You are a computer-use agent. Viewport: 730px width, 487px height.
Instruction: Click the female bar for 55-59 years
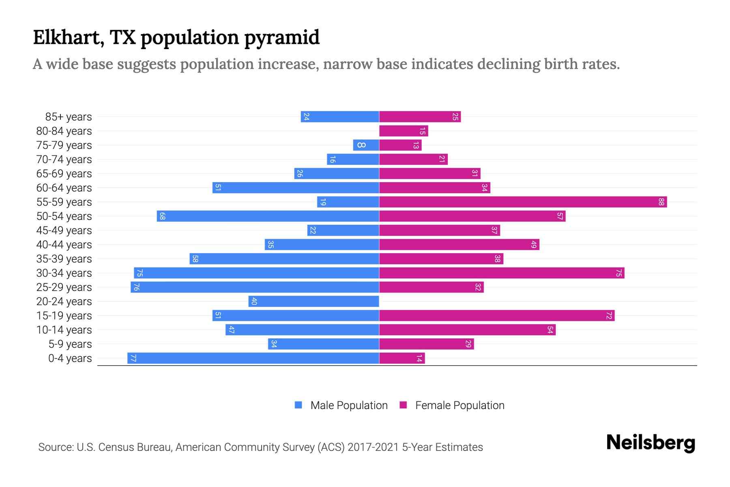point(523,202)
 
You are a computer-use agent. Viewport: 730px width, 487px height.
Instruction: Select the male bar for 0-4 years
point(253,358)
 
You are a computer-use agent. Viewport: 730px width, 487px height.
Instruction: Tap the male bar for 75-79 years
point(366,145)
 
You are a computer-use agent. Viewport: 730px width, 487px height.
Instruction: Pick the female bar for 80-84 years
point(404,131)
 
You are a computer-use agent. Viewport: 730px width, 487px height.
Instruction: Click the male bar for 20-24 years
point(314,302)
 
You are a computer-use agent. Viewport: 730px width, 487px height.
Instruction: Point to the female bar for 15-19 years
point(497,316)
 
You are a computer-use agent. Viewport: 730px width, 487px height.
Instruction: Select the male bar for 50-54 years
point(268,216)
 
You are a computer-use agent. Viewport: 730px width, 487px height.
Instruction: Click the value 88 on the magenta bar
point(661,202)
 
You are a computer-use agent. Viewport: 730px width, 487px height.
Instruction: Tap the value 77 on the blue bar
point(133,358)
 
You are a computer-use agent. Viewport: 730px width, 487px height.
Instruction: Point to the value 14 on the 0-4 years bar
point(419,358)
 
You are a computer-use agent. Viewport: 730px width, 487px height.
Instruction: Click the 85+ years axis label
point(69,117)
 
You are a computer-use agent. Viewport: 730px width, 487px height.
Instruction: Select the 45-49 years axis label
point(64,231)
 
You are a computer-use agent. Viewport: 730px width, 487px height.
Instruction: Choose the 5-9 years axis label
point(70,344)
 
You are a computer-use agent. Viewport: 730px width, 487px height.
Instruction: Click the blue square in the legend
point(298,405)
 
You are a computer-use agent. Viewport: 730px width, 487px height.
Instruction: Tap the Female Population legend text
point(459,405)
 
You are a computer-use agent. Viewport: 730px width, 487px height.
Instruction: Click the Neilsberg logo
point(651,443)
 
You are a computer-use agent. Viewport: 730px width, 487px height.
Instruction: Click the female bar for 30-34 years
point(502,273)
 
